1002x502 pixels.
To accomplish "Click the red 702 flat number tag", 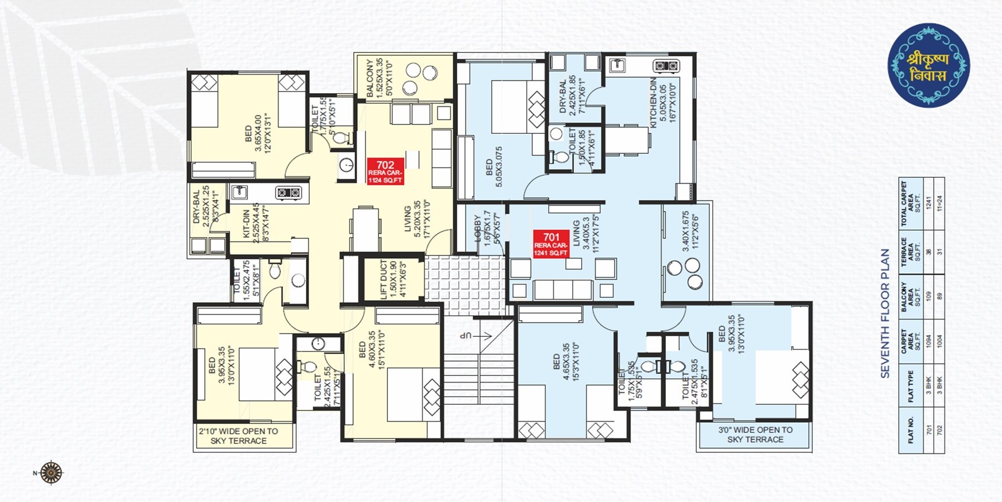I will coord(385,171).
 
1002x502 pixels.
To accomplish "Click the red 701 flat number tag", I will coord(550,244).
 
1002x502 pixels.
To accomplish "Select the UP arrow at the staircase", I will coord(474,336).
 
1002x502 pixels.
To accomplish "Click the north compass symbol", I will coord(51,473).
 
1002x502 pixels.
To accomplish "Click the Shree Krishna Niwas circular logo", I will coord(928,66).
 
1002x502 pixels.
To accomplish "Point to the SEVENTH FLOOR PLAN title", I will coord(885,313).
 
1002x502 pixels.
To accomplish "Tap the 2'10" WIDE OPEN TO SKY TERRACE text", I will coord(238,436).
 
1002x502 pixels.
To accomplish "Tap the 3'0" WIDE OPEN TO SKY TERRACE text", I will coord(755,435).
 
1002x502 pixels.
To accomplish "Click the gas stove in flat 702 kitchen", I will coord(289,193).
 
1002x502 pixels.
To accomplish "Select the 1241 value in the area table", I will coord(929,204).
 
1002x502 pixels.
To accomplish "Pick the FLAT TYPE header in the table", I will coord(910,386).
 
